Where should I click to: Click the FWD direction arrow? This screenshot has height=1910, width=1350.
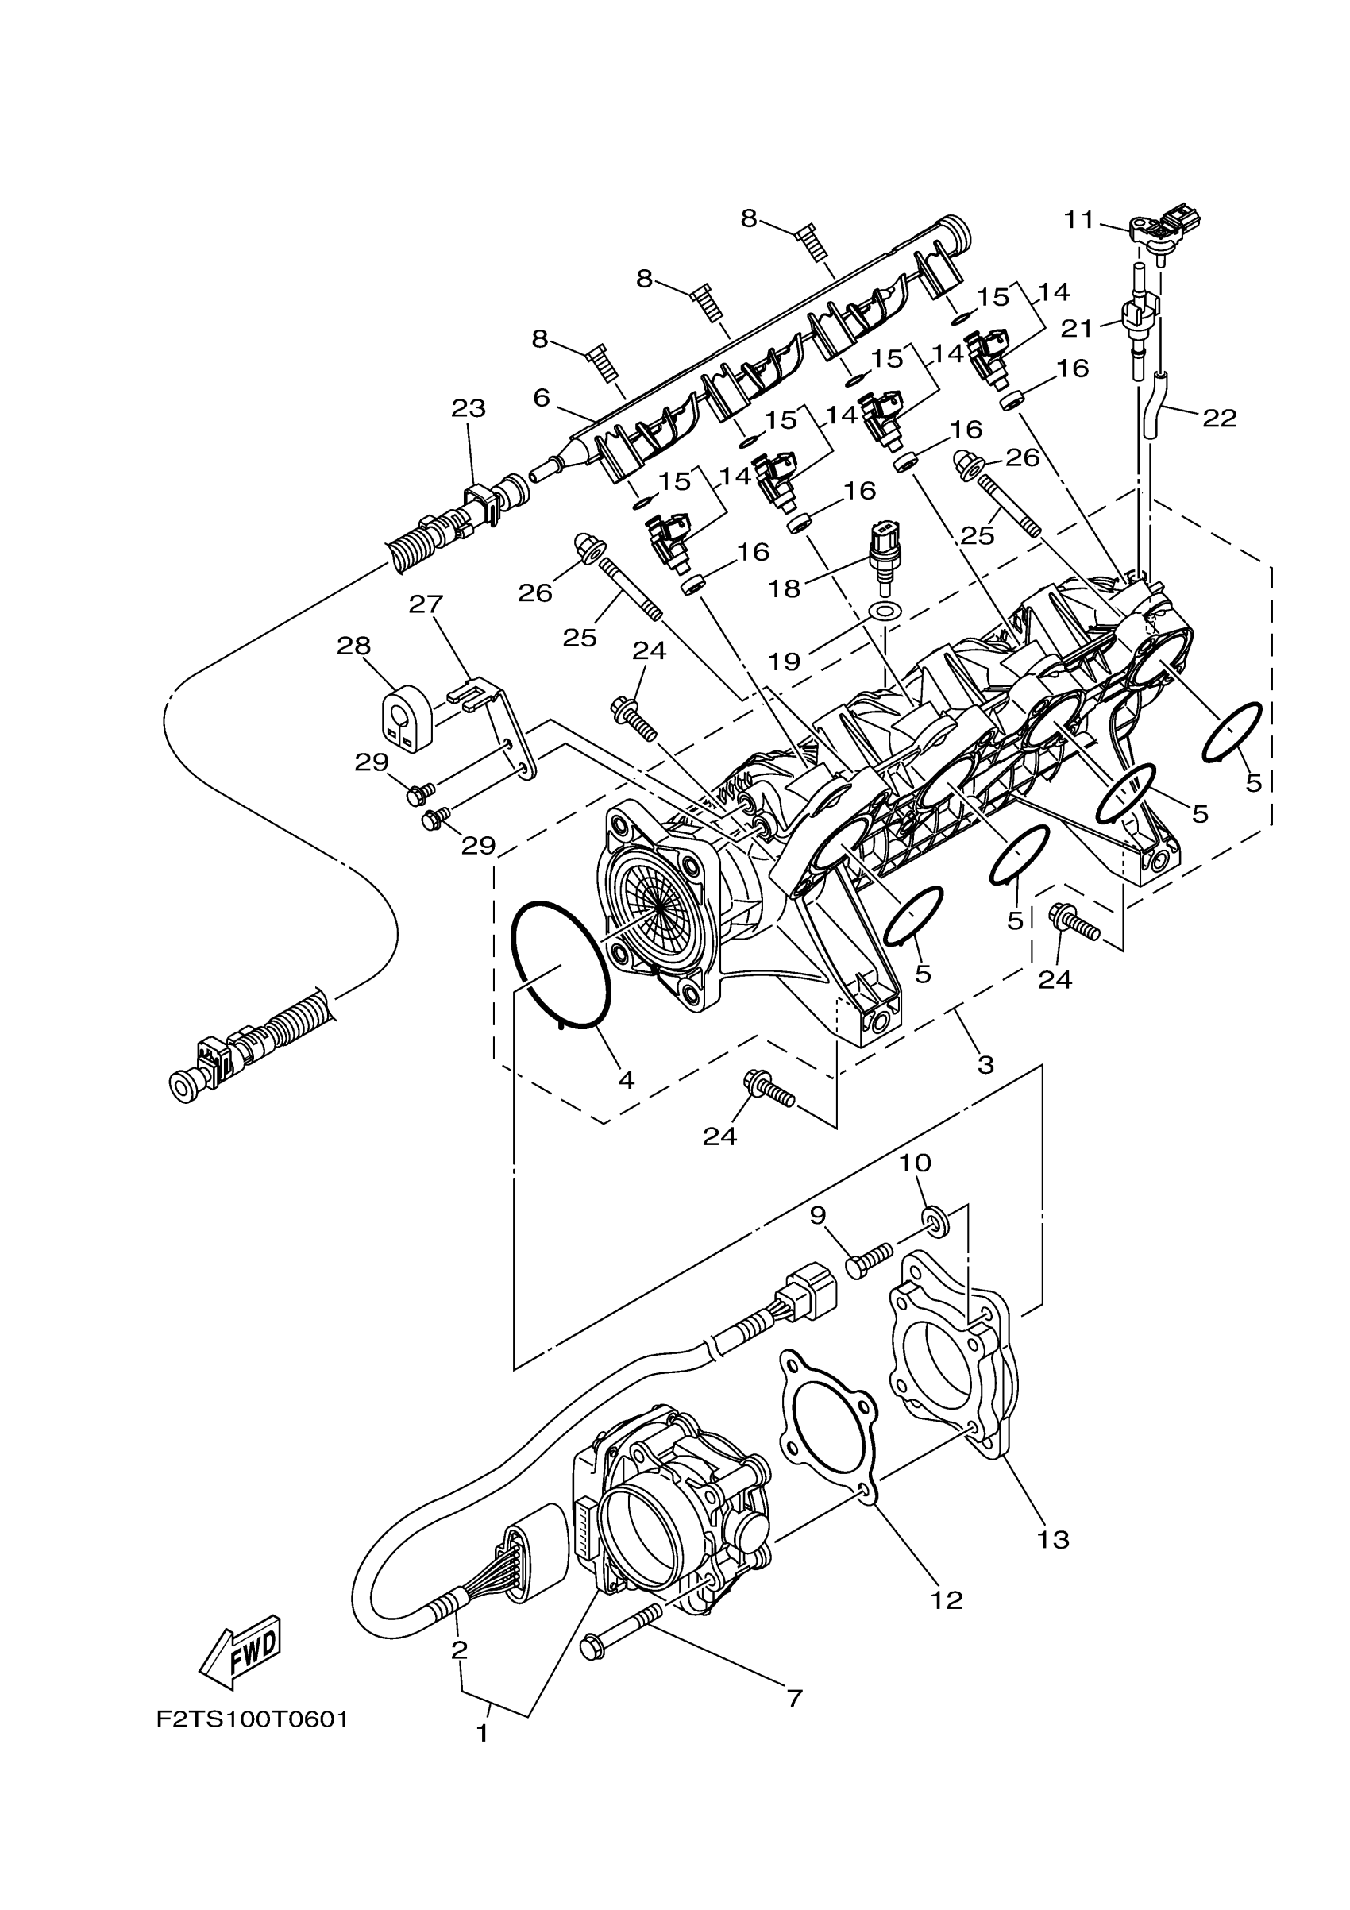click(x=241, y=1654)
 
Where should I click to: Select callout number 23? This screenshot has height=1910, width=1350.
click(x=469, y=408)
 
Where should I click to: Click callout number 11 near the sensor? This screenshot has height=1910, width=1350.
click(x=1079, y=220)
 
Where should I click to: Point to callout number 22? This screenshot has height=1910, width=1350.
click(x=1220, y=418)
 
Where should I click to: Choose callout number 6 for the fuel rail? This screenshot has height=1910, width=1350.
click(x=542, y=399)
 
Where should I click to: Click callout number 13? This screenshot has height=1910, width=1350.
click(x=1053, y=1540)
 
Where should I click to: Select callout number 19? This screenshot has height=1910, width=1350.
click(x=785, y=662)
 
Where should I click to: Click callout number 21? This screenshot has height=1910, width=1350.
click(x=1077, y=329)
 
